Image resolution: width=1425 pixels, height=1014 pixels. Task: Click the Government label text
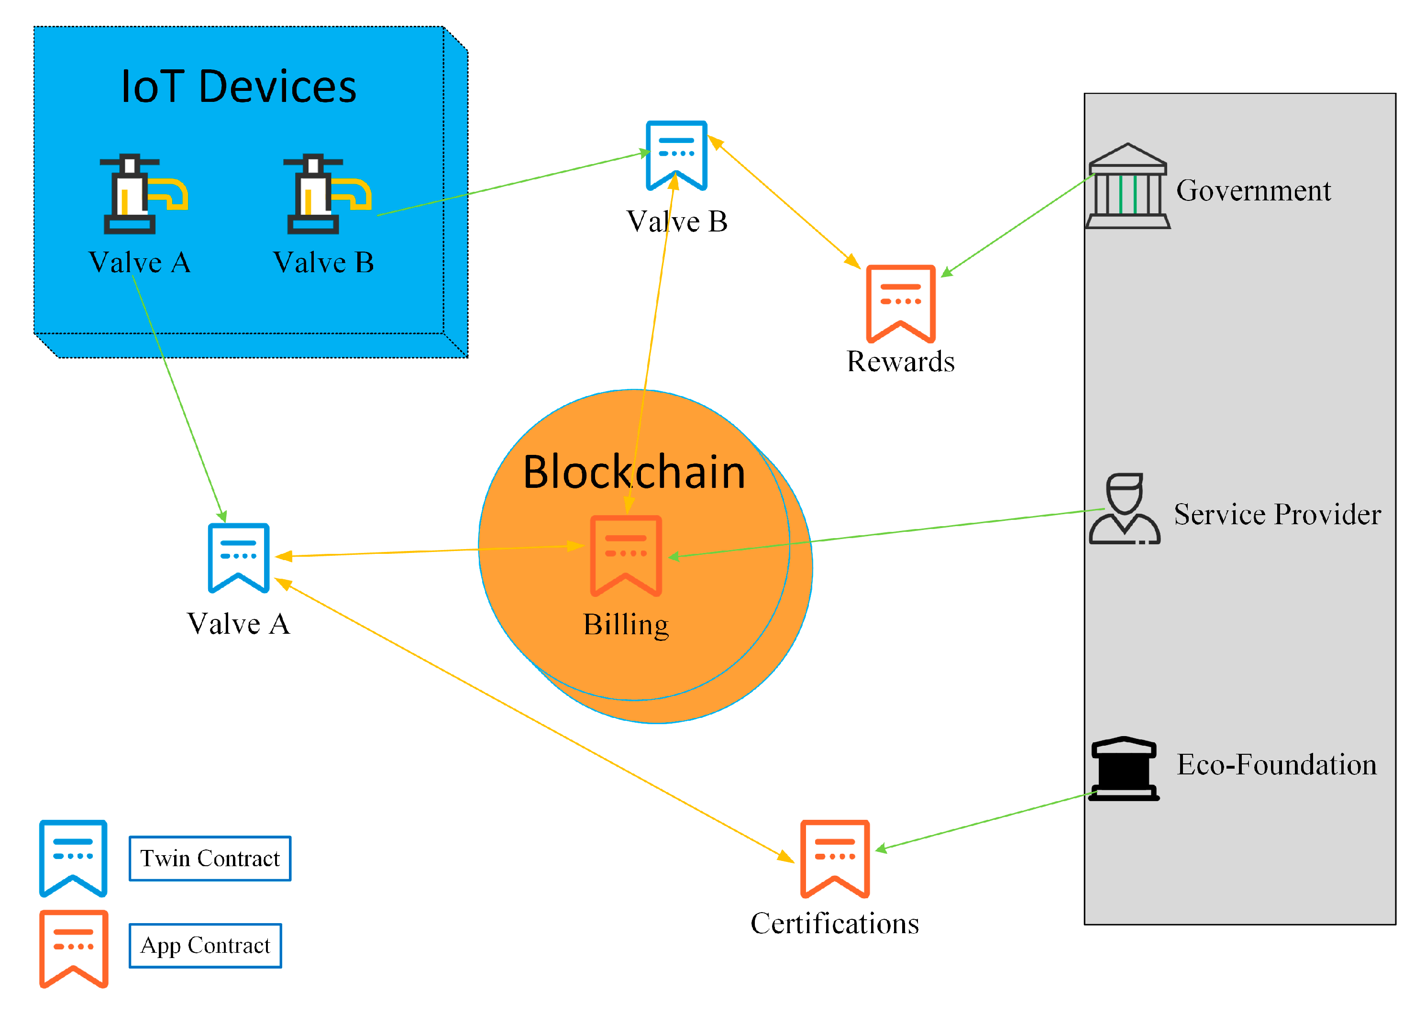pyautogui.click(x=1253, y=190)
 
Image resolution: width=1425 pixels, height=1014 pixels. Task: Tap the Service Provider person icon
pyautogui.click(x=1124, y=509)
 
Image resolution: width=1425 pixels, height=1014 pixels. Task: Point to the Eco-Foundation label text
pyautogui.click(x=1276, y=764)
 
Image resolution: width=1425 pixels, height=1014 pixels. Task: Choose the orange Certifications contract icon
pyautogui.click(x=834, y=859)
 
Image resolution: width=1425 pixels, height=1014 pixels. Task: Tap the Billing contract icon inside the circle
pyautogui.click(x=626, y=555)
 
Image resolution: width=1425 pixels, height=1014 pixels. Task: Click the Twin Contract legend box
pyautogui.click(x=210, y=858)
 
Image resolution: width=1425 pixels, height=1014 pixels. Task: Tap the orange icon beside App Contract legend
pyautogui.click(x=74, y=948)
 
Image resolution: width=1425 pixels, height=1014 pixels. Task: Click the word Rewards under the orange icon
pyautogui.click(x=900, y=362)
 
